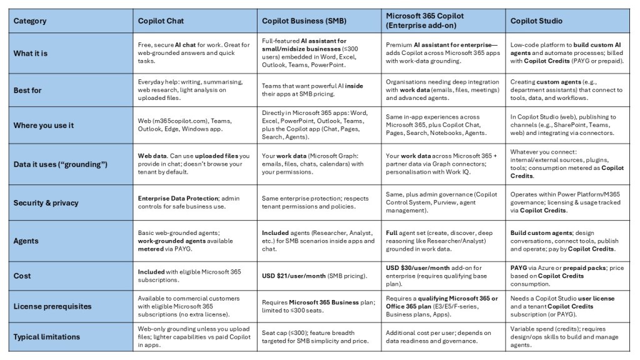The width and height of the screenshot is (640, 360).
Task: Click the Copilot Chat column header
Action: click(x=161, y=21)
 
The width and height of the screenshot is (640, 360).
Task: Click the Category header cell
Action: click(x=30, y=21)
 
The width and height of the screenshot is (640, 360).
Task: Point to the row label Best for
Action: click(x=27, y=90)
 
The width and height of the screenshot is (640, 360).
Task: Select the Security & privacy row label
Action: click(x=45, y=202)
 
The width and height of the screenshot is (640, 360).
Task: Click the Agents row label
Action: click(x=26, y=241)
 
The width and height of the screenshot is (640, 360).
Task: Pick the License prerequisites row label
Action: click(x=52, y=306)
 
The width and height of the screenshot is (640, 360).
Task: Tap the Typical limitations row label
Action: click(x=47, y=337)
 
